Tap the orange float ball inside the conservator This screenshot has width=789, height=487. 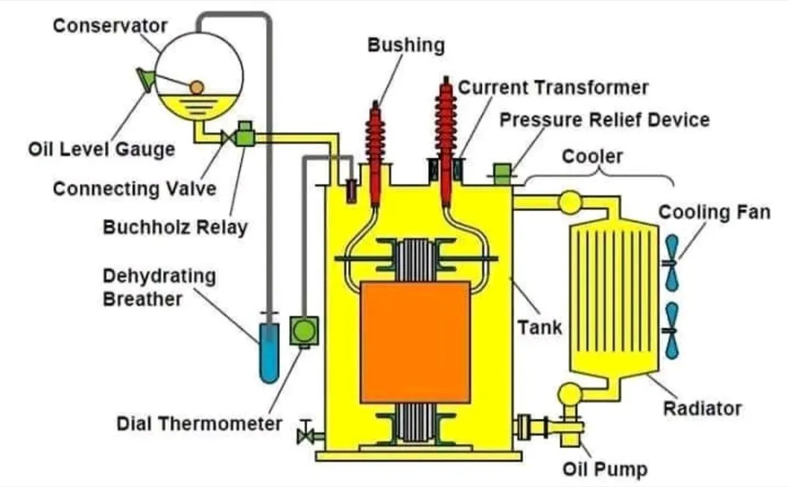click(196, 88)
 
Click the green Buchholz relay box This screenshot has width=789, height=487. click(244, 136)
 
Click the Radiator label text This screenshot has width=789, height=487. click(703, 408)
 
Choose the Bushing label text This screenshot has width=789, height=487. click(406, 45)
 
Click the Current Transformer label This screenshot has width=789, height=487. click(553, 87)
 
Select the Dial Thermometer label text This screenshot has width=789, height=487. click(199, 424)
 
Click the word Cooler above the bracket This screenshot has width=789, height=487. click(592, 157)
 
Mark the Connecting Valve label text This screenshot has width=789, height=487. click(134, 188)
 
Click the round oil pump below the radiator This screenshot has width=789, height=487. click(571, 393)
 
